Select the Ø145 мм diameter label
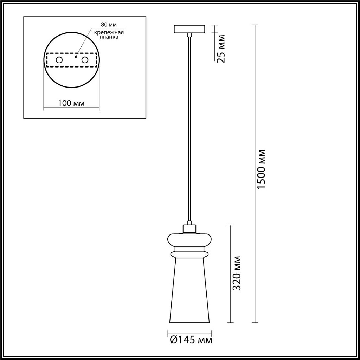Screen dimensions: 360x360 (191, 340)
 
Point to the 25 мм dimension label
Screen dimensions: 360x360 (221, 48)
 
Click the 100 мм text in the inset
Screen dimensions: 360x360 (71, 103)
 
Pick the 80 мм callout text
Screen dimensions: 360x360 (109, 25)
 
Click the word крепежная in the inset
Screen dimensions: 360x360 (109, 32)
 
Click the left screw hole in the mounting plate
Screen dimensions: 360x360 (59, 60)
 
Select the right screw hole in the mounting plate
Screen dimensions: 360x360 (85, 60)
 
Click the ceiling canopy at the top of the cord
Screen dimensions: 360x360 (189, 28)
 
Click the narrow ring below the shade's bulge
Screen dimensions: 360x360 (189, 253)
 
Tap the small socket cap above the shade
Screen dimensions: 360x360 (189, 229)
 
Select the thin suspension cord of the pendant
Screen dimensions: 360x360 (189, 127)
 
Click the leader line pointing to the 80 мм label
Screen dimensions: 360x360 (84, 41)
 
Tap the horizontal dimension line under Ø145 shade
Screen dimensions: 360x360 (190, 332)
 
